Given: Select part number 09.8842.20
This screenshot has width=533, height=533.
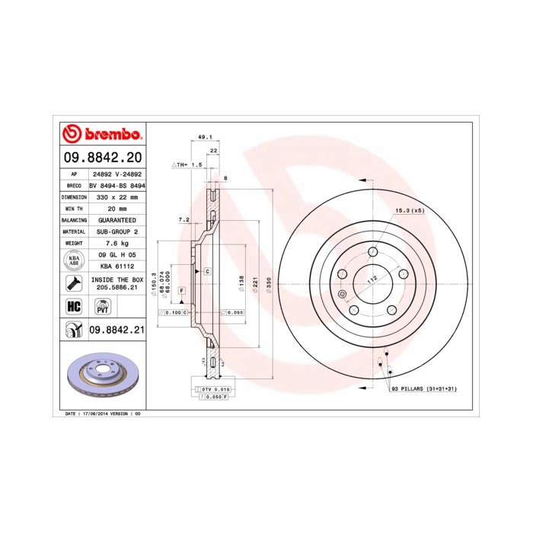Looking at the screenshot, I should click(103, 158).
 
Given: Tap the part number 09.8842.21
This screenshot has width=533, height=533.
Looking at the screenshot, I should click(116, 330).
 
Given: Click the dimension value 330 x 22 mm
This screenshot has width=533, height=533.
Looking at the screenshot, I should click(116, 196).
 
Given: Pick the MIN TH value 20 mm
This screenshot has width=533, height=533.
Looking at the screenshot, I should click(116, 208).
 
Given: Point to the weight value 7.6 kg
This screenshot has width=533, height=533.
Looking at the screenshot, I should click(116, 242).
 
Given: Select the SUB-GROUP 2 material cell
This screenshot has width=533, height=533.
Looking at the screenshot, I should click(116, 231).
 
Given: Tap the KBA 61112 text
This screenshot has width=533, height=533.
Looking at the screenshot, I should click(116, 266).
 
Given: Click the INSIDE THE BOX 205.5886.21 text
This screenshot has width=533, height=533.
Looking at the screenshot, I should click(116, 284).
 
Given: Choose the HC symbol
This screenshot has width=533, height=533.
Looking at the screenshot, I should click(74, 306).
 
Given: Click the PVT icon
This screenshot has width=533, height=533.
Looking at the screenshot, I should click(101, 306).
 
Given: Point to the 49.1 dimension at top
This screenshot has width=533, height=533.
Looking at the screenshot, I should click(204, 137).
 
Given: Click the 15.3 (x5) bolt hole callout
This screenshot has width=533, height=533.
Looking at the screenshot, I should click(409, 210).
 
